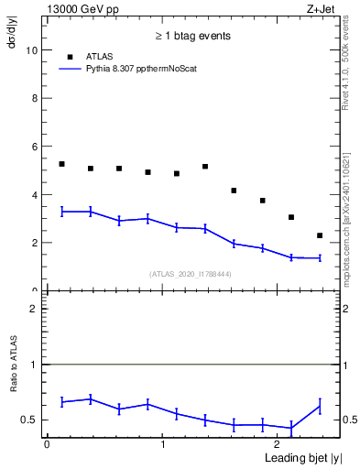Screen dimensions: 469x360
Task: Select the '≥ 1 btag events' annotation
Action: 192,36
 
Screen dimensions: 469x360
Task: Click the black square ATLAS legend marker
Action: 70,57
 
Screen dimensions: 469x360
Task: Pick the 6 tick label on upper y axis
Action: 33,147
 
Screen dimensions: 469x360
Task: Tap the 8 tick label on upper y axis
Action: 33,99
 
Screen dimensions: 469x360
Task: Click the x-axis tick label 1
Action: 162,443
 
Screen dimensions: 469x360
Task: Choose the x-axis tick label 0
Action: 47,443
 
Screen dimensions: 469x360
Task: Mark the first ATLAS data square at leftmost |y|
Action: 61,164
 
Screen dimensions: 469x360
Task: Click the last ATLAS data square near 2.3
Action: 320,235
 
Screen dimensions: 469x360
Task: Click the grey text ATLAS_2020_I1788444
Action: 191,273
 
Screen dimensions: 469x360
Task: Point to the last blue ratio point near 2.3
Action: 320,406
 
